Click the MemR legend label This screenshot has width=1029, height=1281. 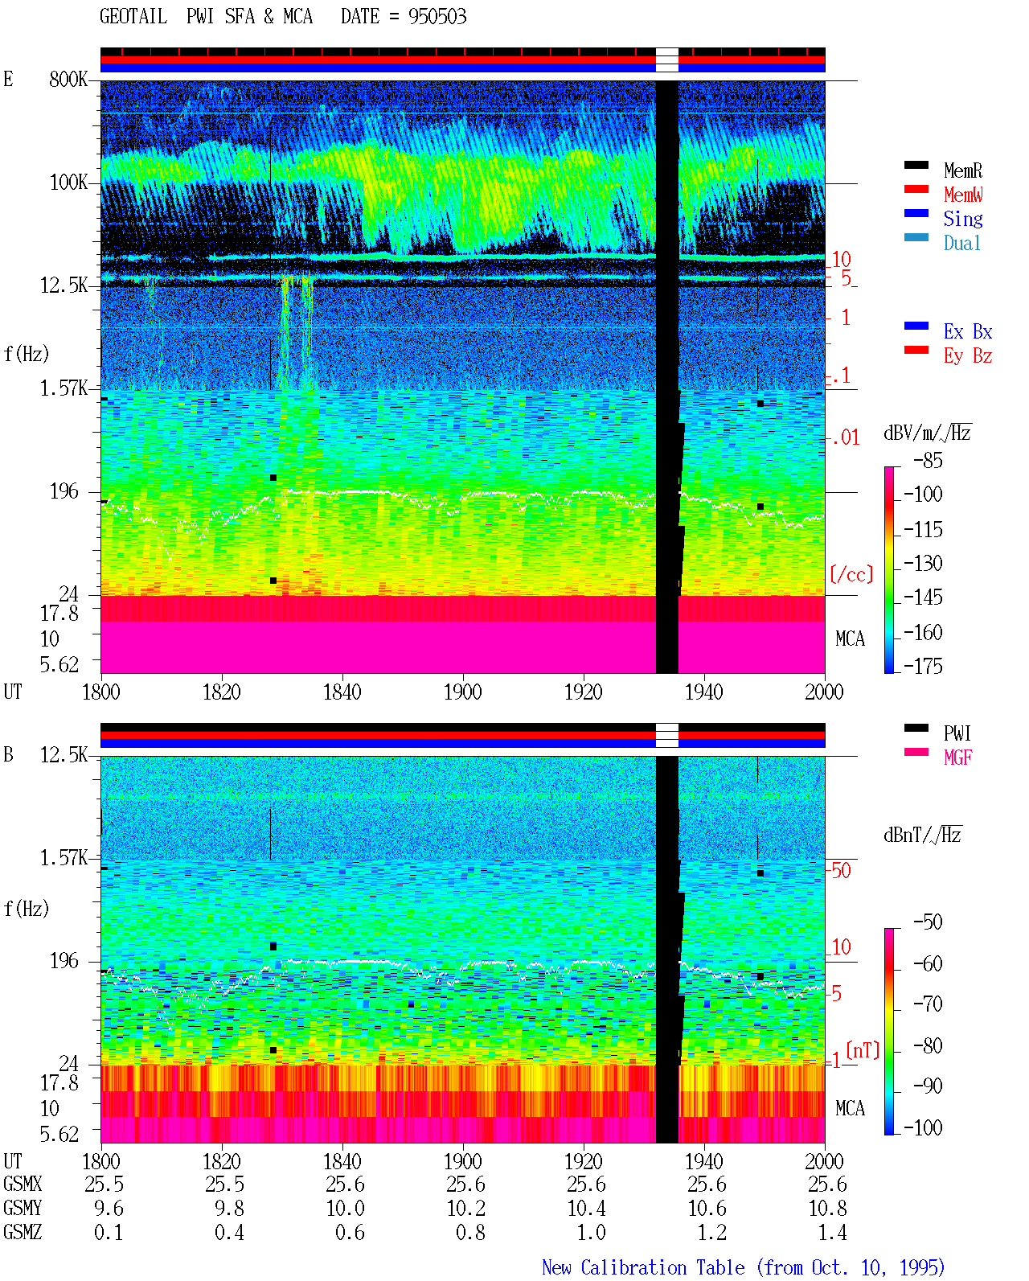click(x=962, y=170)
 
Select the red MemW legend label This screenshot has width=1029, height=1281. click(x=962, y=195)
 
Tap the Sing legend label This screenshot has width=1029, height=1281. click(x=962, y=219)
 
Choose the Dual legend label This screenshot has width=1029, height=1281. click(x=961, y=243)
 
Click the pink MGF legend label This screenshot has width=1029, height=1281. click(x=957, y=758)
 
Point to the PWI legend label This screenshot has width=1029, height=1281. click(x=957, y=733)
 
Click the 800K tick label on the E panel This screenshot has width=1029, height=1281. click(x=68, y=79)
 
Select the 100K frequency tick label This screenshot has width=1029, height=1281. click(x=68, y=183)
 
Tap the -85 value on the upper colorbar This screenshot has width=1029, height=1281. click(x=928, y=460)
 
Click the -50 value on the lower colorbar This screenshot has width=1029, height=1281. click(x=928, y=922)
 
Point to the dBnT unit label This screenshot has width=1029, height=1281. click(x=922, y=835)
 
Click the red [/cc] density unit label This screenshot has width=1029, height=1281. click(x=851, y=574)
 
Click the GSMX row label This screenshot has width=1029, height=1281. click(x=23, y=1184)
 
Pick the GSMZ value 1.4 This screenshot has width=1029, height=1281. click(x=832, y=1232)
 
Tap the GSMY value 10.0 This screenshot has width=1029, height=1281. click(x=345, y=1209)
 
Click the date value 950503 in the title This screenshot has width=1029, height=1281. click(x=437, y=17)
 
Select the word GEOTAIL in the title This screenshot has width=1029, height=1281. click(x=133, y=17)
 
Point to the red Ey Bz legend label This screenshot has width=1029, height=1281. click(x=968, y=356)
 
